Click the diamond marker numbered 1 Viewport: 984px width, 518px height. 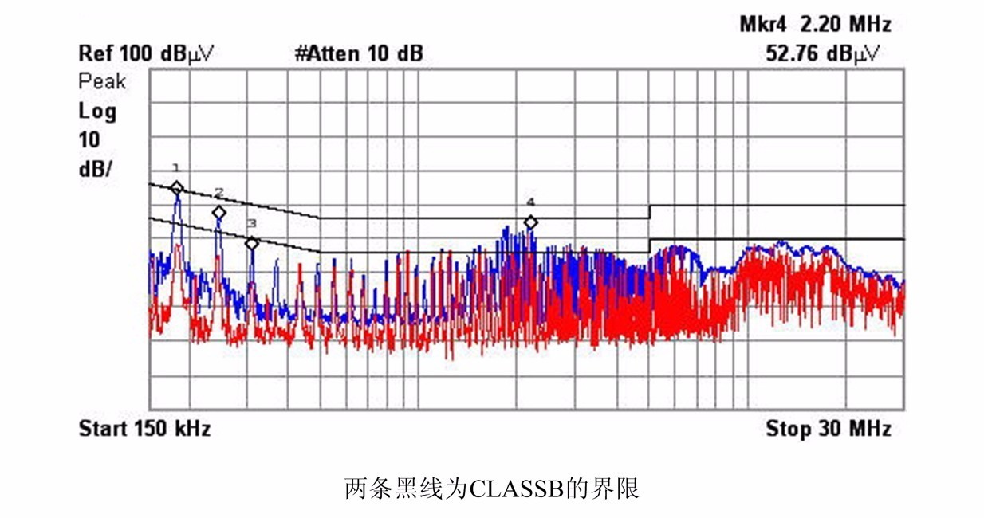176,188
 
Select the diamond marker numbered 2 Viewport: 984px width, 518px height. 218,213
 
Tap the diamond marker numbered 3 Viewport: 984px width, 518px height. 251,243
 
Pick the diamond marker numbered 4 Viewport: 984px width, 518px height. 530,222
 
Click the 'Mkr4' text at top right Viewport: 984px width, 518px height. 762,24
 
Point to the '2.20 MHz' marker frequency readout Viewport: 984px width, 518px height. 846,24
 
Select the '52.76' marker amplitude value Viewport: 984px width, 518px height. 793,54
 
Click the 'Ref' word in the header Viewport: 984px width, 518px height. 96,53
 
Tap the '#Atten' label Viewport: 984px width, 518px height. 327,53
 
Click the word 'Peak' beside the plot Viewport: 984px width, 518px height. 102,81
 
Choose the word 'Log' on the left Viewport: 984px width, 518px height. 97,112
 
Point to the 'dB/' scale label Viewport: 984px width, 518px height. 96,169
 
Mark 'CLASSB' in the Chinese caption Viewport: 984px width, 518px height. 517,489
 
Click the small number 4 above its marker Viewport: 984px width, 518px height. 530,202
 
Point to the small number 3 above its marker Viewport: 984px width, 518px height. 251,223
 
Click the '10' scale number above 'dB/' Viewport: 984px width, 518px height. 89,140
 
